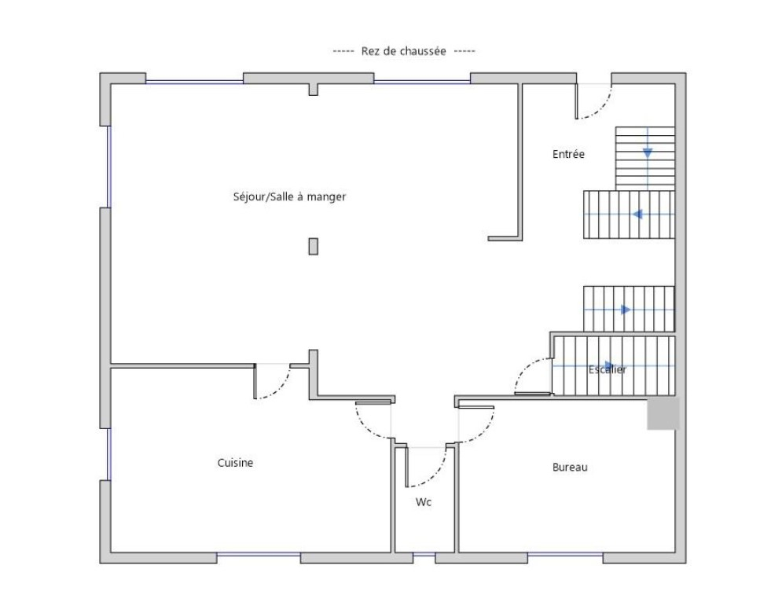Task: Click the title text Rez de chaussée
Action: (403, 51)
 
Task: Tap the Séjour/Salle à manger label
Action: (289, 196)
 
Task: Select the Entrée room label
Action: (568, 154)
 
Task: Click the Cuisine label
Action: (236, 463)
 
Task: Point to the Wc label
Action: (424, 502)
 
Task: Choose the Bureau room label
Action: (570, 468)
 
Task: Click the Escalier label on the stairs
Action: (607, 369)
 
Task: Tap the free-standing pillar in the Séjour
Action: (314, 247)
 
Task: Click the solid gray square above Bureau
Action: (663, 413)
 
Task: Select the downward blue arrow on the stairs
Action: (648, 152)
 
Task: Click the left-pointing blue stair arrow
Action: (637, 215)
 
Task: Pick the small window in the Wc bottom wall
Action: (424, 554)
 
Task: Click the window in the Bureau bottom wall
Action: (565, 554)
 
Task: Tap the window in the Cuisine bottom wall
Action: (259, 554)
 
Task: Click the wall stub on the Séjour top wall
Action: (314, 90)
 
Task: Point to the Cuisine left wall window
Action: (108, 454)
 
